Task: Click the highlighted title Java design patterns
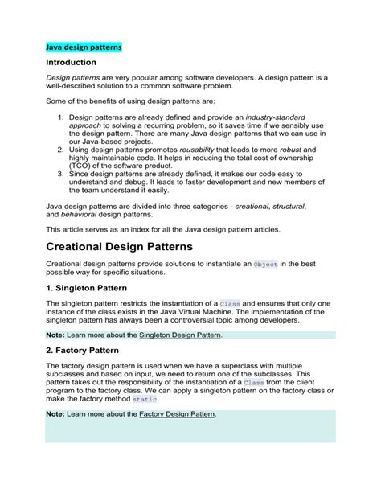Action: point(83,47)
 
